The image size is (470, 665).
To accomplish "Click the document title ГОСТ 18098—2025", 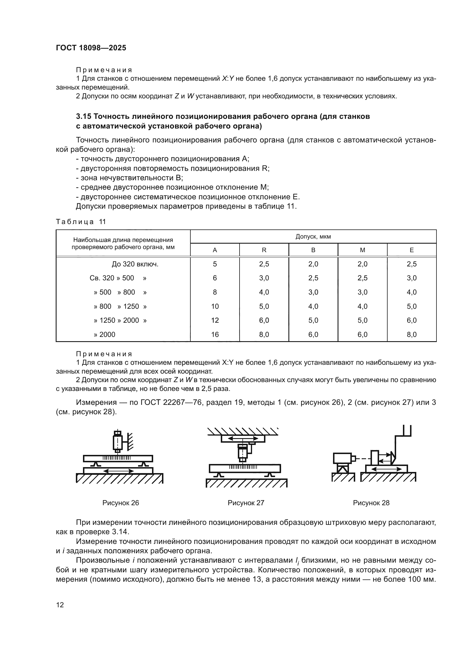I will point(91,48).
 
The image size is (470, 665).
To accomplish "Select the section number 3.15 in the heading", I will point(83,117).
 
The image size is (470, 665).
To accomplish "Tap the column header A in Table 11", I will point(215,250).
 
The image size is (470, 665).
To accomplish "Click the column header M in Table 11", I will point(362,250).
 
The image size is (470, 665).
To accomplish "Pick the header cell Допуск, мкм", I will point(313,236).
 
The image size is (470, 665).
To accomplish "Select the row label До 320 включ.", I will point(135,264).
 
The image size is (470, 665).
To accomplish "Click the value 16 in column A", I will point(215,335).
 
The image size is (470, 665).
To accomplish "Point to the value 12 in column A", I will point(215,320).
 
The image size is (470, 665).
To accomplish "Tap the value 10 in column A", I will point(215,306).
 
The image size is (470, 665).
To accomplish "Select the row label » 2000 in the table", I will point(105,335).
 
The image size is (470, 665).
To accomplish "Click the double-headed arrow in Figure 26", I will point(118,471).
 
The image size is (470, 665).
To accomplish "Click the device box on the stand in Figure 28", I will point(342,459).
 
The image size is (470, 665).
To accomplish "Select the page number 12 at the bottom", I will point(60,605).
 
